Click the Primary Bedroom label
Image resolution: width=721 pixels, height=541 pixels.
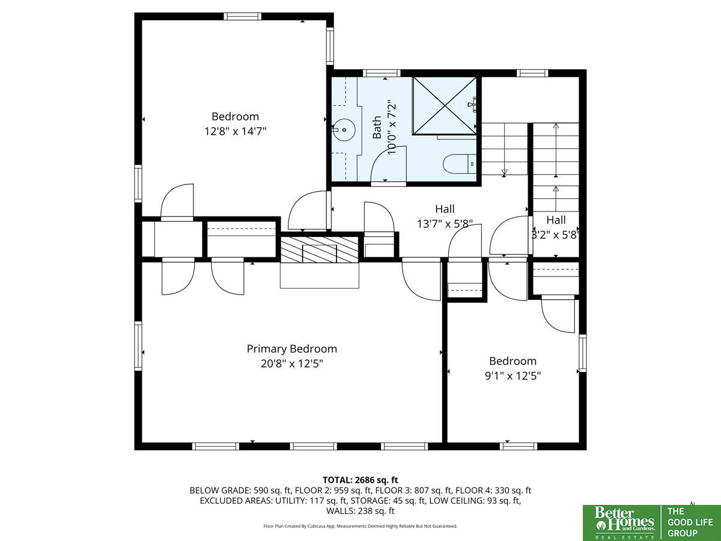291,349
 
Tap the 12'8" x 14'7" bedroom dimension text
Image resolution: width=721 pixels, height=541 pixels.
235,132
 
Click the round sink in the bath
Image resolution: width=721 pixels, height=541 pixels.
344,130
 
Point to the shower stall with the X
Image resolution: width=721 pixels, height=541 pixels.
445,106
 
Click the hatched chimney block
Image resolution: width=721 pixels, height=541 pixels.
319,249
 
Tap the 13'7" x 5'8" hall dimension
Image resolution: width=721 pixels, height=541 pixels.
445,224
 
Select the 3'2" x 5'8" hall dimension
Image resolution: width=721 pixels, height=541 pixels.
555,235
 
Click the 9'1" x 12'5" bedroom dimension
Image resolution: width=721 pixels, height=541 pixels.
513,376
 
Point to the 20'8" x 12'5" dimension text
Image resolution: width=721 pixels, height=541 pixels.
291,364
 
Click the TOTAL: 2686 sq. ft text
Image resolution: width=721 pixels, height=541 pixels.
360,480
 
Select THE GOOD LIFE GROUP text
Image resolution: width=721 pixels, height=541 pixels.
690,522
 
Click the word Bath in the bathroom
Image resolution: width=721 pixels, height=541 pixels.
377,127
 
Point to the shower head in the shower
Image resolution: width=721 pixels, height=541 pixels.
472,105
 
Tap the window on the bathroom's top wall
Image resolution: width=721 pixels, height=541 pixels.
382,73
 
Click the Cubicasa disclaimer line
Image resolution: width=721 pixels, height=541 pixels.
360,526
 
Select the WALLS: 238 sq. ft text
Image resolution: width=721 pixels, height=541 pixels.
360,511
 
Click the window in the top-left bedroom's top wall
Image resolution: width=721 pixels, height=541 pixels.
243,16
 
